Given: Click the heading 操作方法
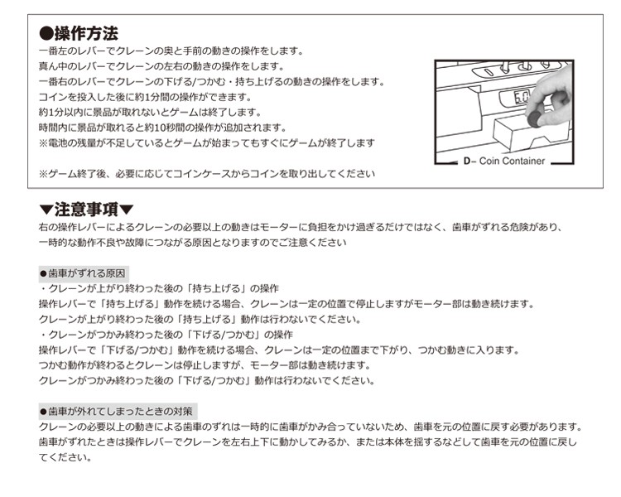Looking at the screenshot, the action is (x=86, y=33).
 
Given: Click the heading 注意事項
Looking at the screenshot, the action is (x=86, y=210).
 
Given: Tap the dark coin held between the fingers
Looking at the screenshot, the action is (x=535, y=118).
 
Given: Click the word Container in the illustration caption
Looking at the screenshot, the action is (x=523, y=161).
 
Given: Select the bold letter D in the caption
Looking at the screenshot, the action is (x=467, y=162).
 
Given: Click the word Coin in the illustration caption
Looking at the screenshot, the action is (x=489, y=161).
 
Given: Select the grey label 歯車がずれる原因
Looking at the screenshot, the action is (x=83, y=273).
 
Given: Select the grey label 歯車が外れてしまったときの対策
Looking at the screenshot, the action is (x=118, y=412).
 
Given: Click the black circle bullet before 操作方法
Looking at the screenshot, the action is (x=46, y=34).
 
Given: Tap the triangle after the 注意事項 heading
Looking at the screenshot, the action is (x=127, y=210).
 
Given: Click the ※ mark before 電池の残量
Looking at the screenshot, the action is (x=43, y=143).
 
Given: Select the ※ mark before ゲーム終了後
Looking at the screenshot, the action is (x=43, y=174).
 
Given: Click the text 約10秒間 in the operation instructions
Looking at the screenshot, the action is (x=168, y=128).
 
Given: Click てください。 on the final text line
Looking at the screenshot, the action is (x=65, y=458).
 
